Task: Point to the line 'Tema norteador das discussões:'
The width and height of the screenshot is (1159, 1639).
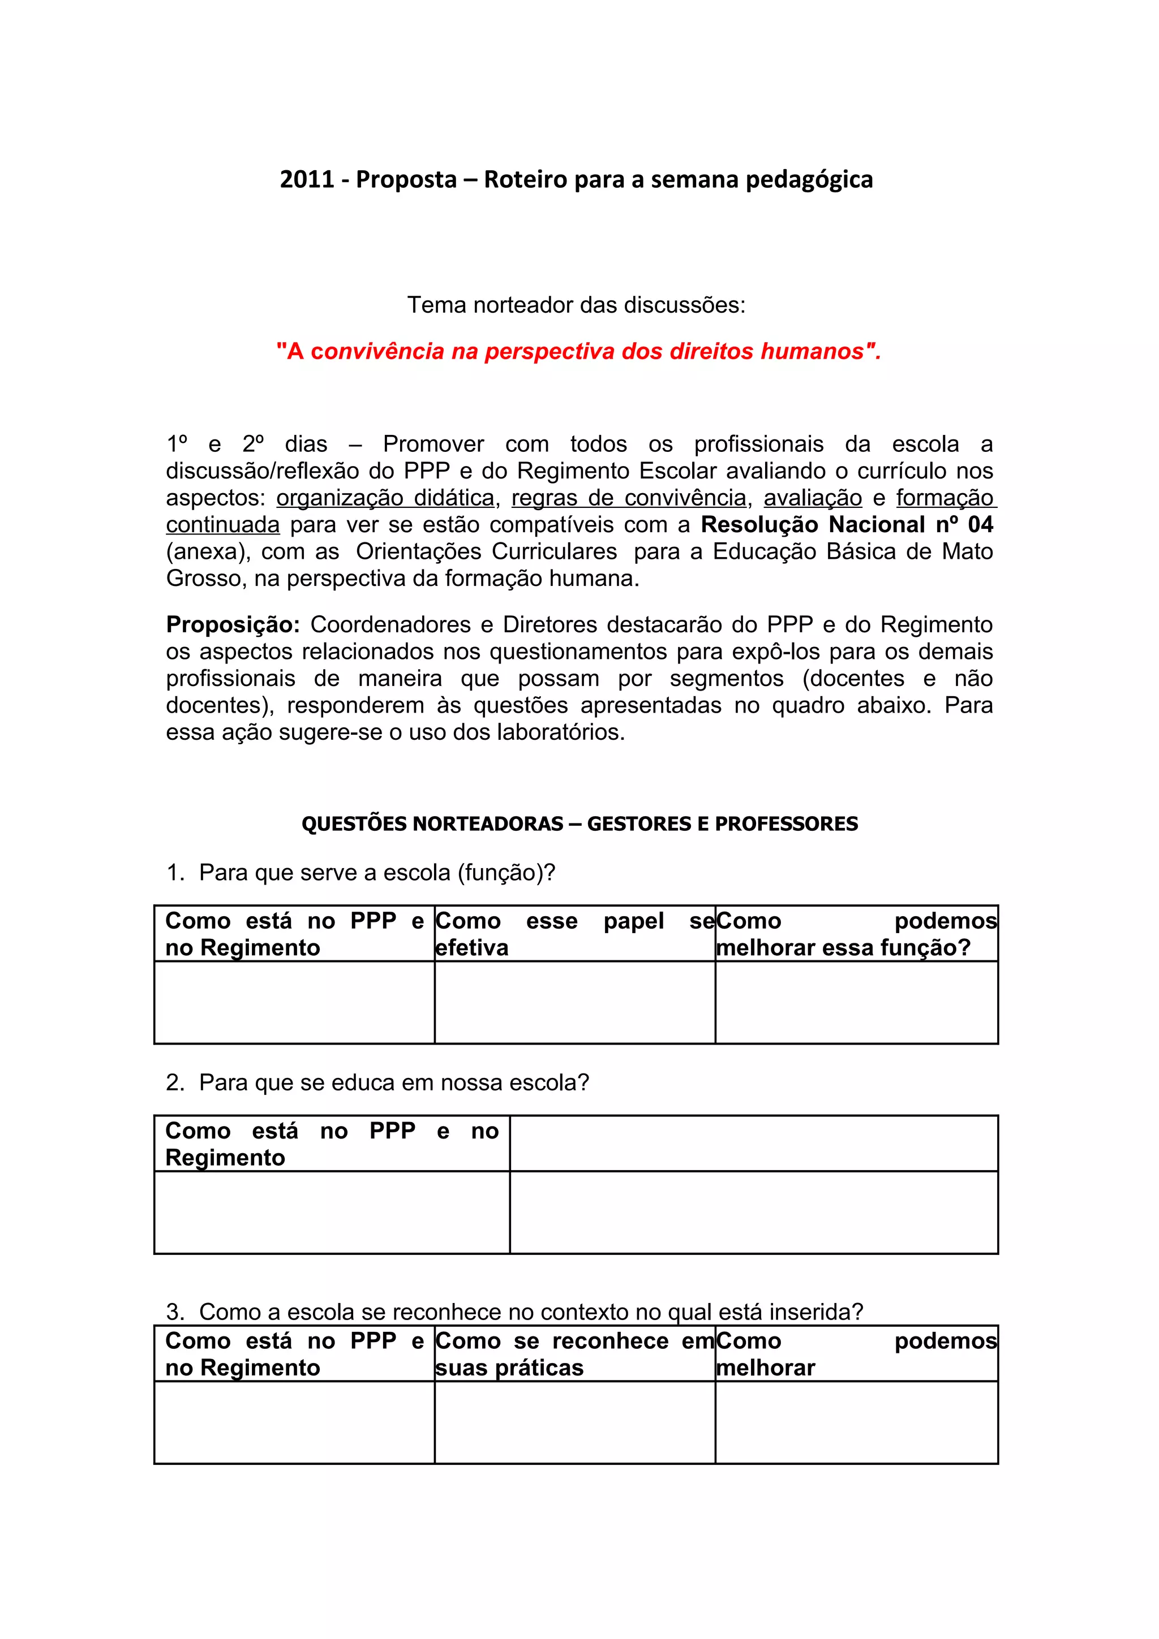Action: [576, 305]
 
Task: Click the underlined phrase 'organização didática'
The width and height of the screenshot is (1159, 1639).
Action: [385, 498]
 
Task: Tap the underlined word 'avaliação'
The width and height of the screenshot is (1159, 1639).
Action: [813, 498]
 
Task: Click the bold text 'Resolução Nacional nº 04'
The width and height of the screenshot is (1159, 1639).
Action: [846, 525]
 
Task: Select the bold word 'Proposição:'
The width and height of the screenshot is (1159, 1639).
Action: [233, 624]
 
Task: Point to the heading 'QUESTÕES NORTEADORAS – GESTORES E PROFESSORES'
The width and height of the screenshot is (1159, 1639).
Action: [579, 824]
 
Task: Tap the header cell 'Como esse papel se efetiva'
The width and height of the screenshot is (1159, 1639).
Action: [574, 934]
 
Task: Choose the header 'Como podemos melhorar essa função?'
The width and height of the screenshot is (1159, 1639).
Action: [856, 934]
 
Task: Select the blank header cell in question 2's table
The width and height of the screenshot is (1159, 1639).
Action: [753, 1144]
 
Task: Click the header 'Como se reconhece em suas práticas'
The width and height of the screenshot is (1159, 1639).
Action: [574, 1353]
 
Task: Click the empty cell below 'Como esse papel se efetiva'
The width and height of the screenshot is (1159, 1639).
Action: [574, 1002]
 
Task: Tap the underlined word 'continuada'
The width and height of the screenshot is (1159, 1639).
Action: [223, 525]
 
